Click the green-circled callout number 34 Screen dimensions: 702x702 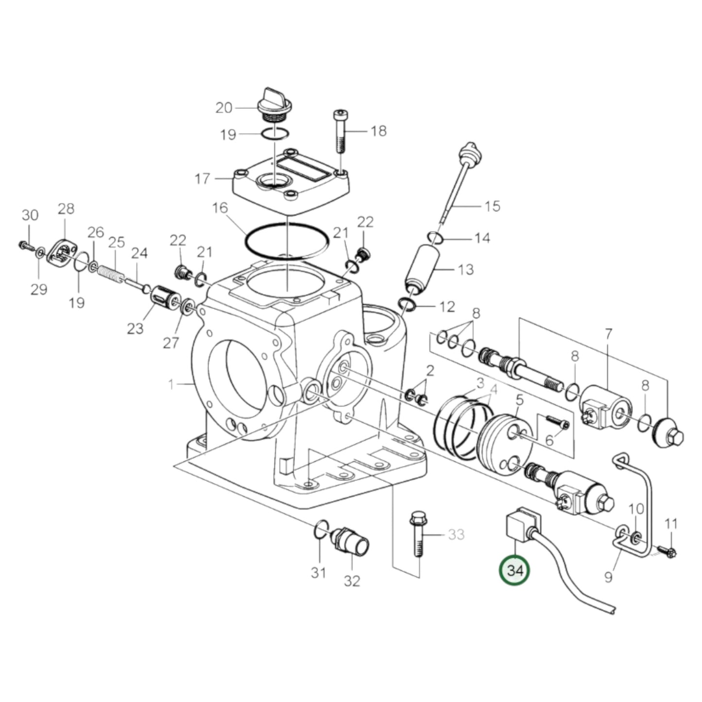pyautogui.click(x=515, y=570)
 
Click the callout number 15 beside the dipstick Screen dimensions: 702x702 pyautogui.click(x=492, y=206)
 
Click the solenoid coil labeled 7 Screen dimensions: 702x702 pyautogui.click(x=605, y=406)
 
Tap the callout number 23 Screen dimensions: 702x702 pyautogui.click(x=136, y=328)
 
